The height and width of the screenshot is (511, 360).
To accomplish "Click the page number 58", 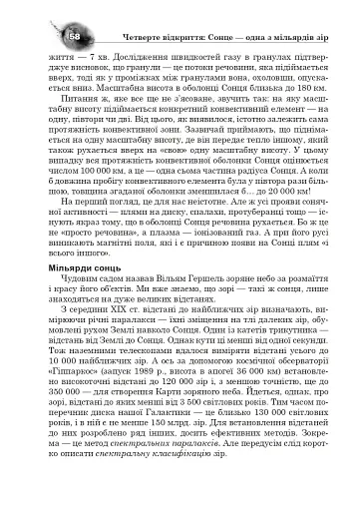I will point(49,36).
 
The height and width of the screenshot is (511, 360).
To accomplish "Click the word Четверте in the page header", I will point(119,37).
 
